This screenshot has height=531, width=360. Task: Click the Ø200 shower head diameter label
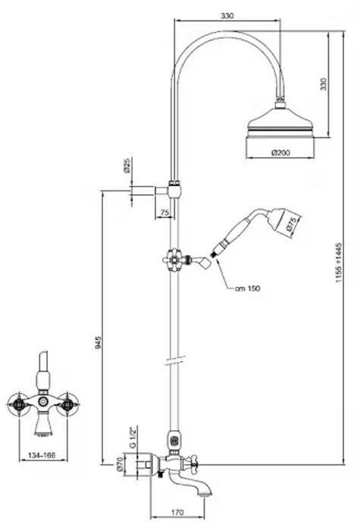(x=280, y=152)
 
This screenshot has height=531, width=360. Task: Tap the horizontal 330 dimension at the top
(x=227, y=16)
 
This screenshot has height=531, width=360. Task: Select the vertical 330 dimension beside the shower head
(x=324, y=84)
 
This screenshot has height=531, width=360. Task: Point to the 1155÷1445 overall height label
(x=339, y=263)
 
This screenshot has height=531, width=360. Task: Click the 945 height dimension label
(x=98, y=344)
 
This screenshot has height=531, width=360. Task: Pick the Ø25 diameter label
(x=127, y=166)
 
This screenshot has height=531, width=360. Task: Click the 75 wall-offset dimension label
(x=164, y=212)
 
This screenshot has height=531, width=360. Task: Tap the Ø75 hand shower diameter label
(x=291, y=225)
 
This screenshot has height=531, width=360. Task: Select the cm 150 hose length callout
(x=247, y=288)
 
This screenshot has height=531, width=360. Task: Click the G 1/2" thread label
(x=133, y=437)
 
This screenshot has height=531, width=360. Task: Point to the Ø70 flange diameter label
(x=119, y=464)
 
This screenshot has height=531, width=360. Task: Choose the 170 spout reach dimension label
(x=177, y=512)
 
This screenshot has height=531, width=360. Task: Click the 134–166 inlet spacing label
(x=42, y=455)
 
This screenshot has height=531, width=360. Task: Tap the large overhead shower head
(x=280, y=130)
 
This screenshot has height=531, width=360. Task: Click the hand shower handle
(x=233, y=231)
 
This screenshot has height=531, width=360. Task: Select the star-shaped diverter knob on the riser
(x=174, y=260)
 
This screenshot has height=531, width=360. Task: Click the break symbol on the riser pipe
(x=174, y=360)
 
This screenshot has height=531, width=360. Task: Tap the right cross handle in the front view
(x=68, y=404)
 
